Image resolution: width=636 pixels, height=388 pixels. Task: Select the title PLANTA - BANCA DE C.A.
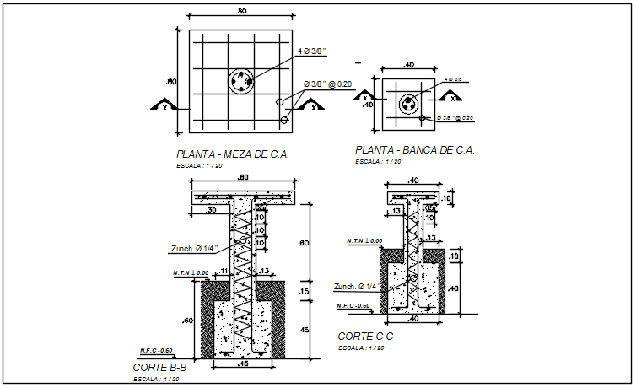415,150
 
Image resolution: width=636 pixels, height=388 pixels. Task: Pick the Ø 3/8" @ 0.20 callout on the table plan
326,85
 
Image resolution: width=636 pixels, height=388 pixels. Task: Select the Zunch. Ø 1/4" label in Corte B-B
191,248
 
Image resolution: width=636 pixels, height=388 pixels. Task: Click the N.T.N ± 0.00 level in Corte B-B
190,273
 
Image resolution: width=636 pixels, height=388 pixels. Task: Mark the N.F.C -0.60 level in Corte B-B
156,349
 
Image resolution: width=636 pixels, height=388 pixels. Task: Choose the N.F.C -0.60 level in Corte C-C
353,305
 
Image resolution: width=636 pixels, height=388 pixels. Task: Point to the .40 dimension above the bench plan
409,64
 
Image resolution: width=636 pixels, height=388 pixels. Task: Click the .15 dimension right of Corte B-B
305,292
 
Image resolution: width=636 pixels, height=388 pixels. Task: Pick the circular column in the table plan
241,82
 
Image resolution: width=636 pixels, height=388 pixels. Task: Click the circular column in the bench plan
408,104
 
